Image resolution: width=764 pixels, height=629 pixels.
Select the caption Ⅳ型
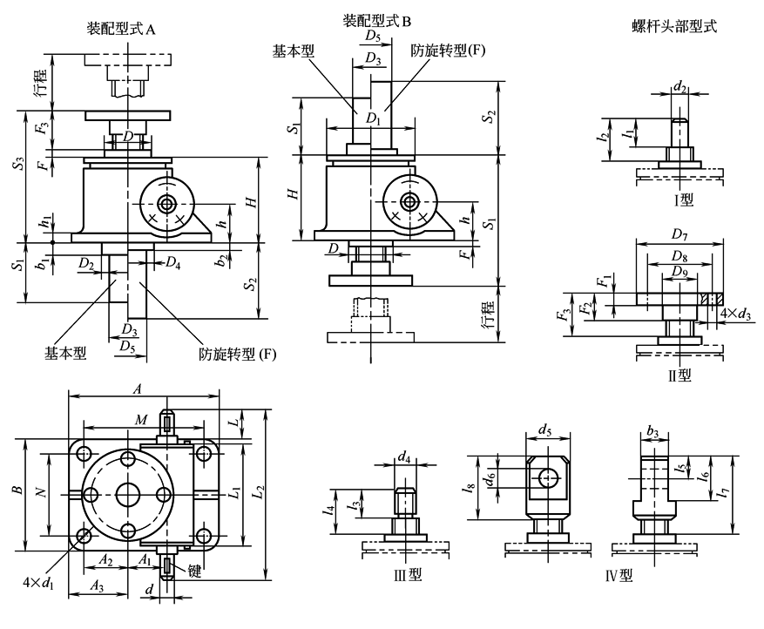click(x=619, y=576)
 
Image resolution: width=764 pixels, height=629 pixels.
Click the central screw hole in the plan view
click(x=127, y=493)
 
